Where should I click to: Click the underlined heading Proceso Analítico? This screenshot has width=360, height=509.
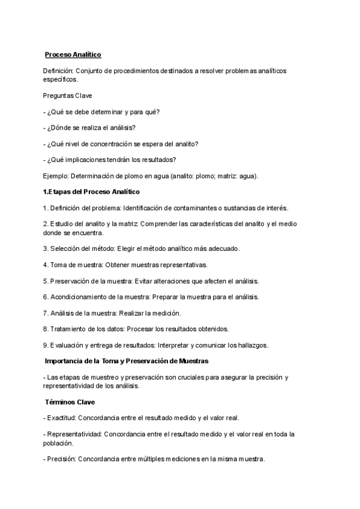pos(73,55)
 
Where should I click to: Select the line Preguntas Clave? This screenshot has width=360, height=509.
pos(67,95)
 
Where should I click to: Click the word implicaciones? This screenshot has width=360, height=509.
pos(88,160)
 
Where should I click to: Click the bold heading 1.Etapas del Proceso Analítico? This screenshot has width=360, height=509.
pos(91,191)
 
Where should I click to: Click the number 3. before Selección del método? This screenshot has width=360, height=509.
pos(46,248)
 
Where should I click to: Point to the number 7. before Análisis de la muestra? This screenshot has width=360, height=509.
pos(46,313)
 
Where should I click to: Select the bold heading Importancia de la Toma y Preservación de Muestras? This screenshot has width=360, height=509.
pos(127,361)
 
